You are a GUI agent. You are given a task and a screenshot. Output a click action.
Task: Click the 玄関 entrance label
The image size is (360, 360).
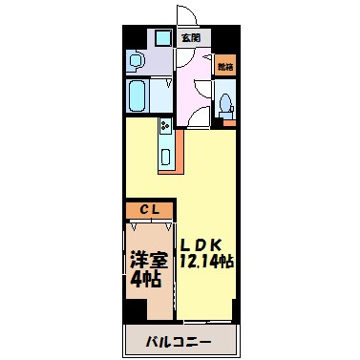tap(190, 37)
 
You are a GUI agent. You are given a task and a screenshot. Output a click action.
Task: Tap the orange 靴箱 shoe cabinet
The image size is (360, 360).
tap(224, 66)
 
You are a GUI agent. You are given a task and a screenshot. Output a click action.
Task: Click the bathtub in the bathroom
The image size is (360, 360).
tap(136, 95)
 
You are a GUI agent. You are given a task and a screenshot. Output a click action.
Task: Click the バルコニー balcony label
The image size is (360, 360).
tap(179, 340)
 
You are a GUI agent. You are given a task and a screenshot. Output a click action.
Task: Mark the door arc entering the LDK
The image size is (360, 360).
tap(197, 119)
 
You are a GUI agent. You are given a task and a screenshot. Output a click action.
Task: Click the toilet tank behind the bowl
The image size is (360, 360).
tap(227, 118)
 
